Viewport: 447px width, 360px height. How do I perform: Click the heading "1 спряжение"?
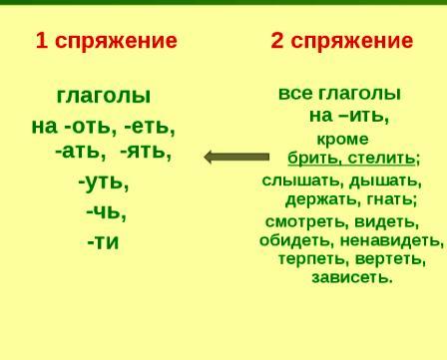(106, 42)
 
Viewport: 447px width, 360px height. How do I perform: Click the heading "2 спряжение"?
(342, 42)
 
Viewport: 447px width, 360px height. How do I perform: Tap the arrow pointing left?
(236, 157)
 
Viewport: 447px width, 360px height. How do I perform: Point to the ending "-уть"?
(104, 182)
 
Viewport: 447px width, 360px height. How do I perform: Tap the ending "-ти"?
(103, 242)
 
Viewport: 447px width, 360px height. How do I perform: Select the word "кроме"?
(343, 140)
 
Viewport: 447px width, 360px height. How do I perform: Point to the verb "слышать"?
(303, 181)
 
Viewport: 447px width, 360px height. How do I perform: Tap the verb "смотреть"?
(306, 222)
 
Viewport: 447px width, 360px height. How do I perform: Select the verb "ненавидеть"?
(392, 240)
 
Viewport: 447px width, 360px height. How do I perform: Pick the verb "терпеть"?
(313, 258)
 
